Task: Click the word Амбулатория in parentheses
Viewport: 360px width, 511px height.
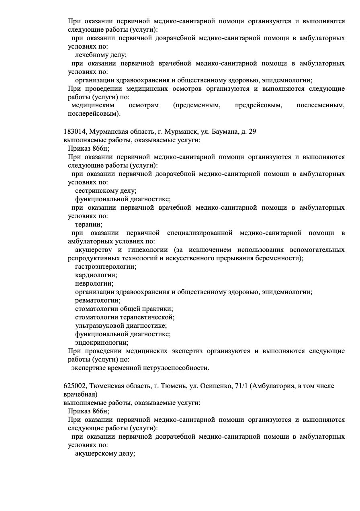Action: tap(272, 386)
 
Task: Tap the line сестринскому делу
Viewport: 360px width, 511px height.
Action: tap(105, 191)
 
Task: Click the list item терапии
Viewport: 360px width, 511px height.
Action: tap(88, 225)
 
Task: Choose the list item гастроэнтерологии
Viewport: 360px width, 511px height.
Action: tap(105, 266)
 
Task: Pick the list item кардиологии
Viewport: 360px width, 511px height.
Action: tap(96, 275)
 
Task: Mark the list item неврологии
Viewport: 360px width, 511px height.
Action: tap(94, 284)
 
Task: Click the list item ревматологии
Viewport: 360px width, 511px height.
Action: tap(98, 300)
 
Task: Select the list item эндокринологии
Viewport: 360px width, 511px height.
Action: tap(102, 343)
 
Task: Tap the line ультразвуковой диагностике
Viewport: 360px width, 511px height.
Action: tap(121, 326)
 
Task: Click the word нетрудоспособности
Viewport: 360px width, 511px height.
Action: tap(176, 368)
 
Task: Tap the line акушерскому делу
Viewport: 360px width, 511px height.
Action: tap(104, 454)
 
